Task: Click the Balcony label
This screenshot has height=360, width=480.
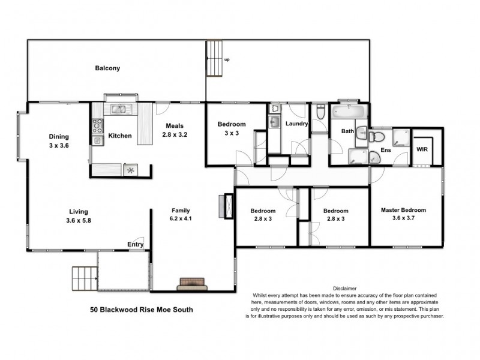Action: [107, 68]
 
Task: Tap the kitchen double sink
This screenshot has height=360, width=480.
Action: [121, 109]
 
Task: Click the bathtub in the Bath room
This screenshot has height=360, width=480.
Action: [346, 112]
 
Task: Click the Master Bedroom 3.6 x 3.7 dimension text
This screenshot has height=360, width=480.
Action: [403, 219]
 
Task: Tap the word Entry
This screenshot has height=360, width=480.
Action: [135, 244]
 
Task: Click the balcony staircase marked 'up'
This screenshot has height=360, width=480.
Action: [214, 59]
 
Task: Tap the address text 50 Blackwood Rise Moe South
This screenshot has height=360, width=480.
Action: [133, 310]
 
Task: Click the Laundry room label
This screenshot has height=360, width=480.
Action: [296, 124]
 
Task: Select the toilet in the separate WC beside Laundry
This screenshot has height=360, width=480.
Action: [320, 113]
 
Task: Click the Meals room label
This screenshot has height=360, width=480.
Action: [175, 126]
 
